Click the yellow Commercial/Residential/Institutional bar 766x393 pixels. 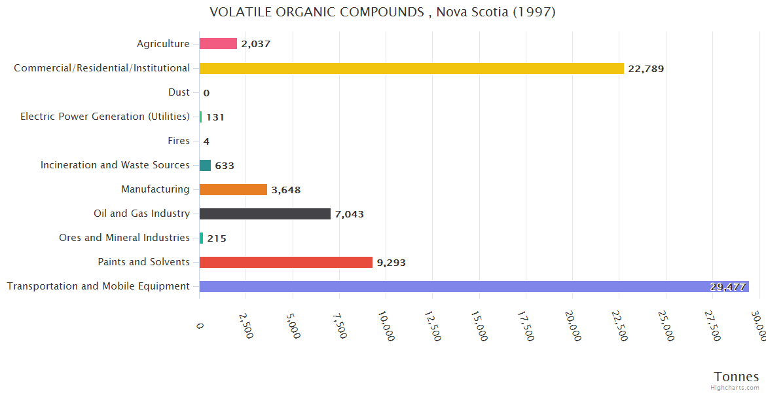point(411,68)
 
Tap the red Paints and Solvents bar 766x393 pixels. point(285,262)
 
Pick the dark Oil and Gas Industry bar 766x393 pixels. point(264,214)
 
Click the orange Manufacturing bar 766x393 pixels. point(233,189)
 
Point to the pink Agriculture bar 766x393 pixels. point(218,44)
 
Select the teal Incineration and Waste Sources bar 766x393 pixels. point(205,165)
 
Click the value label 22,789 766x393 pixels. point(646,69)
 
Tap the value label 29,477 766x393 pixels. point(727,287)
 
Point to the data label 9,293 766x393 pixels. point(391,263)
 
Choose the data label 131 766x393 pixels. point(215,117)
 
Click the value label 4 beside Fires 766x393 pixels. point(206,141)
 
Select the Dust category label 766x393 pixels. point(179,92)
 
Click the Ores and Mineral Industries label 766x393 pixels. point(124,238)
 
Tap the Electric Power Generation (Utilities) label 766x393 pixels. point(105,117)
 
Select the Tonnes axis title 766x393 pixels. point(736,377)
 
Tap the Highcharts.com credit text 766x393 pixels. point(735,388)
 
